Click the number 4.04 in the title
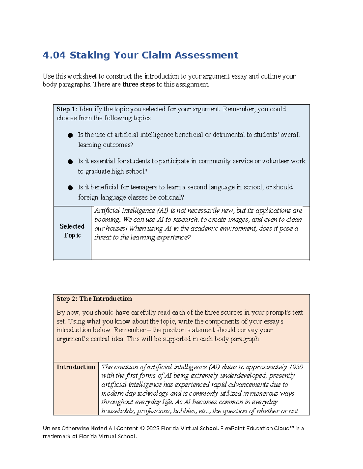[54, 55]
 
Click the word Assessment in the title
[206, 55]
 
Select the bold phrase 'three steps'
[139, 85]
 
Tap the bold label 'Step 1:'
[67, 109]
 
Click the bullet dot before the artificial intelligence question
[70, 135]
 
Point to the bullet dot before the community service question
[70, 162]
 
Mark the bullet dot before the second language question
[70, 188]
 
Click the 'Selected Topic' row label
[72, 231]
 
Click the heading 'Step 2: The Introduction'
[94, 299]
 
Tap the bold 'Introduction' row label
[76, 367]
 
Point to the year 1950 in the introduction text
[296, 367]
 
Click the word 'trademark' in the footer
[56, 436]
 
